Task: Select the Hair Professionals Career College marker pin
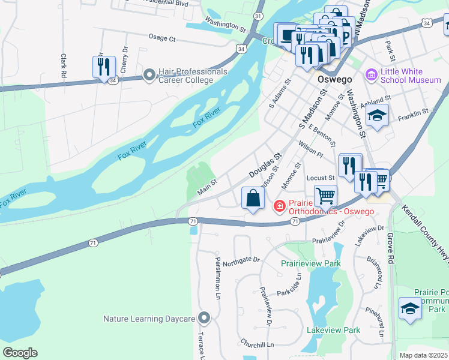[x=149, y=76]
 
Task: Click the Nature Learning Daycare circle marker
[x=204, y=317]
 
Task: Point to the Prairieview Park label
[x=311, y=263]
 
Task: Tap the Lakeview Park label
[x=333, y=330]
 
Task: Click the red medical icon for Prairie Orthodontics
[x=279, y=207]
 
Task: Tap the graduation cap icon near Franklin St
[x=377, y=115]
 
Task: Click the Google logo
[x=20, y=353]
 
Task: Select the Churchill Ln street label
[x=256, y=345]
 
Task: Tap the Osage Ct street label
[x=161, y=38]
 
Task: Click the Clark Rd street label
[x=63, y=65]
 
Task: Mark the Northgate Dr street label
[x=241, y=260]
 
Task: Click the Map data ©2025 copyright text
[x=423, y=355]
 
